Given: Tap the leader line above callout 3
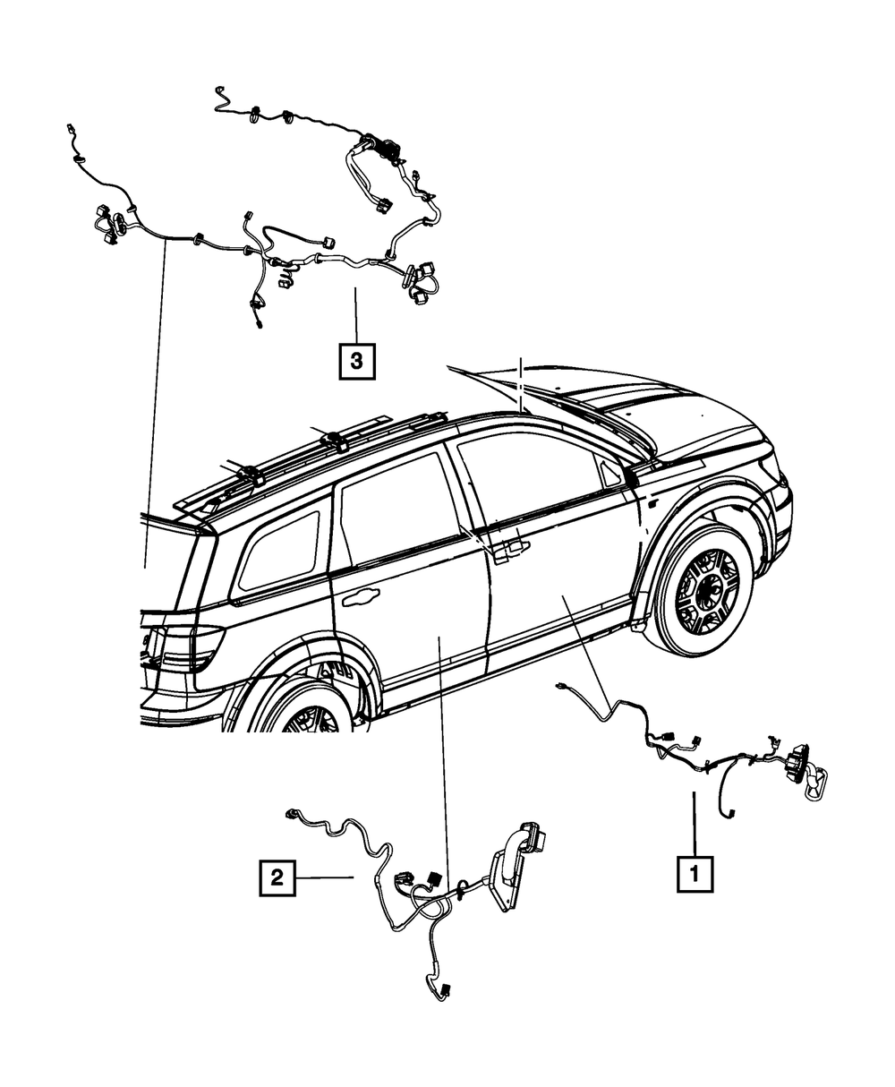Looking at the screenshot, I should point(355,313).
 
